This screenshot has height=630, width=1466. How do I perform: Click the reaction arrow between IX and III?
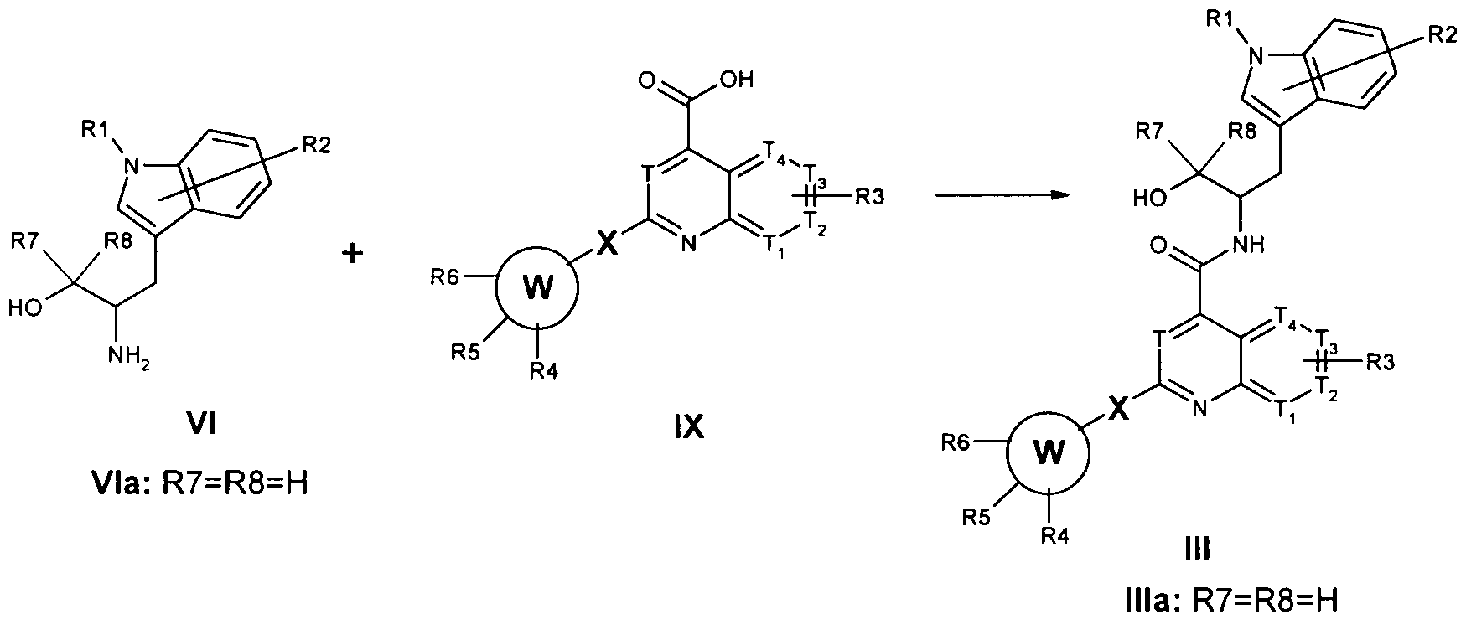coord(1002,196)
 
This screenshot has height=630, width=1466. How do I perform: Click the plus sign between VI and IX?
coord(353,253)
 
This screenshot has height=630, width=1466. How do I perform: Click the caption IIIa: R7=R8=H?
coord(1228,601)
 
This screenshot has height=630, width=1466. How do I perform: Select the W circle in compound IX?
coord(537,288)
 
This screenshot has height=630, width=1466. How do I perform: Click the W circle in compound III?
coord(1048,454)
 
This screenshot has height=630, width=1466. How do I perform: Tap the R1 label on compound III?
coord(1229,18)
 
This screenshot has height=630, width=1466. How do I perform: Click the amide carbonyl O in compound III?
coord(1160,245)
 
